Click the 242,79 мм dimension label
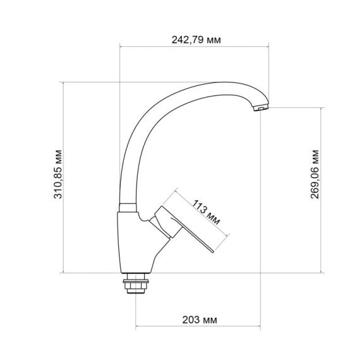pos(196,40)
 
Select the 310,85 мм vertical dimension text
pos(59,177)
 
